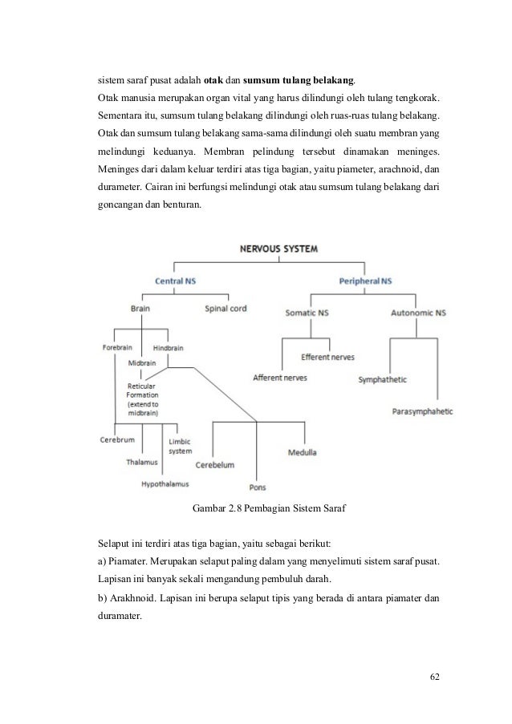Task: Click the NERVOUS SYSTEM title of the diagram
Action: click(x=279, y=249)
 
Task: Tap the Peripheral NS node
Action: click(x=365, y=281)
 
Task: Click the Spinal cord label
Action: click(x=226, y=308)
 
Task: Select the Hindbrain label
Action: click(x=169, y=347)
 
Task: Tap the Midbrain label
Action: click(x=143, y=362)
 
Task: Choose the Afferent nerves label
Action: click(x=279, y=377)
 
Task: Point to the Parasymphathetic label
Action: click(x=423, y=411)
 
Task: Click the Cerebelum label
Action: click(x=214, y=464)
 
